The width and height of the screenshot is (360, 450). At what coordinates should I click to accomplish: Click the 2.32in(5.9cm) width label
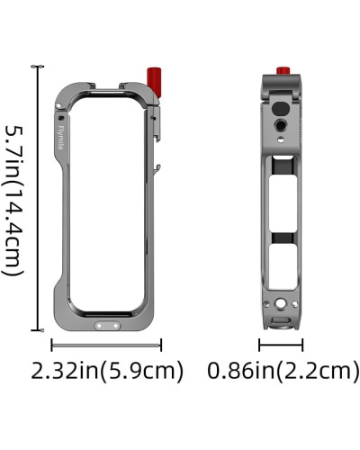[x=107, y=370]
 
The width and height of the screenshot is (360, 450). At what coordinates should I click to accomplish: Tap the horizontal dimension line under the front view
[x=106, y=344]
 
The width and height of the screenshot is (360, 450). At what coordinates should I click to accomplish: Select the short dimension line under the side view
[x=281, y=344]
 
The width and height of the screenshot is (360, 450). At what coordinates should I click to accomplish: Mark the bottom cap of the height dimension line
[x=38, y=331]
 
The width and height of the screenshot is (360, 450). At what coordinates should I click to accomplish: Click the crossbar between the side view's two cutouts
[x=281, y=236]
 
